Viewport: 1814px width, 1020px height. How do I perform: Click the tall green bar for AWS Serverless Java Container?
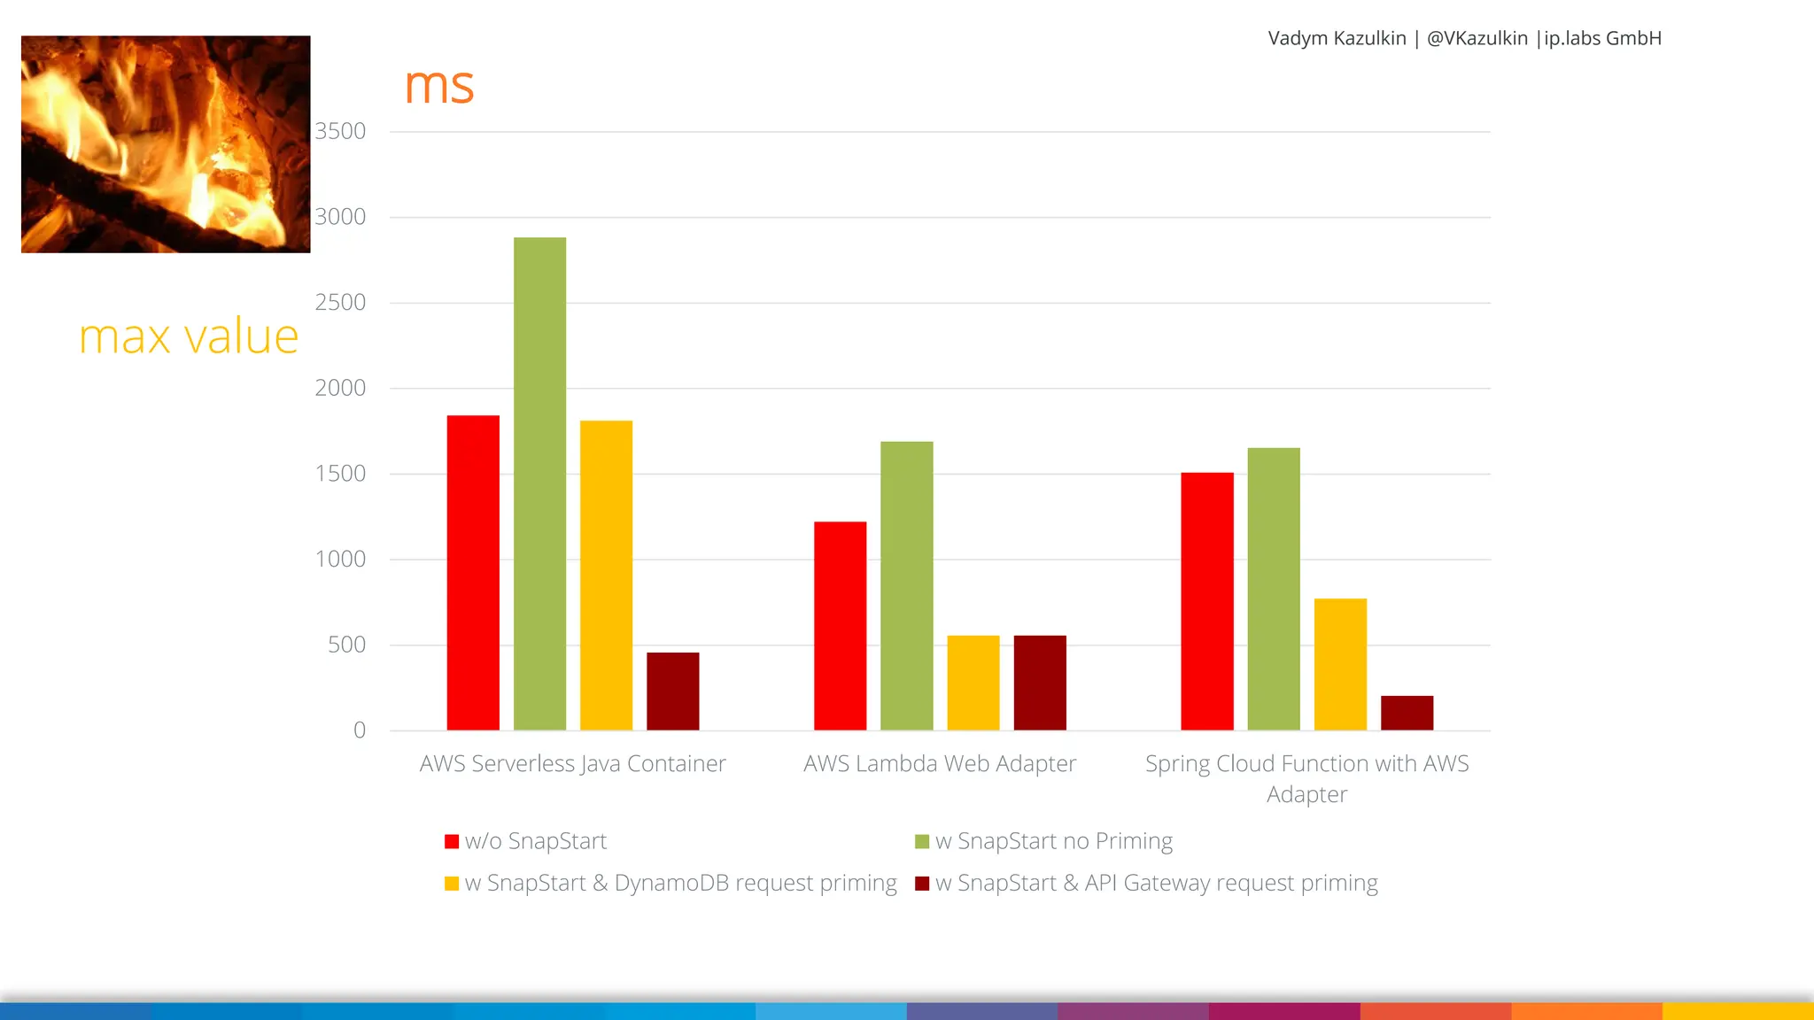[539, 483]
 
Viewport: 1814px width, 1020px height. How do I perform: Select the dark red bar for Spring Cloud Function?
[1407, 713]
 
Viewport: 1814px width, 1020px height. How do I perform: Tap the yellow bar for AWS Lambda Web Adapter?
[973, 683]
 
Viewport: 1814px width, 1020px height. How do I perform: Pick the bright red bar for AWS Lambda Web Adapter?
[840, 626]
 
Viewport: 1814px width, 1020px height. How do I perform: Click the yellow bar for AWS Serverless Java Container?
[606, 576]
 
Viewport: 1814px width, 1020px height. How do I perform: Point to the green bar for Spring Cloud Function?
[1274, 589]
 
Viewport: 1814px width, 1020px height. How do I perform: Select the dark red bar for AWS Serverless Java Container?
[672, 692]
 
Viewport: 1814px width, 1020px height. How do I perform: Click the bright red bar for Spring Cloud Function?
[1206, 601]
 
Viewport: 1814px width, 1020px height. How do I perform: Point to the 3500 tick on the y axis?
[340, 131]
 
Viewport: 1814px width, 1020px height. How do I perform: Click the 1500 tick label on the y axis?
[340, 474]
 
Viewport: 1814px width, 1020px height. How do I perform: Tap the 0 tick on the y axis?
[359, 730]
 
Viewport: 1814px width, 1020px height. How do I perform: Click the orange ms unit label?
[439, 86]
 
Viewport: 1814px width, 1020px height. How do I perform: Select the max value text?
[189, 337]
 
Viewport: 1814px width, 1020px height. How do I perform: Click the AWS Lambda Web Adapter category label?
[939, 764]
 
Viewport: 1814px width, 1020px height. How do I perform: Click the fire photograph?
[166, 144]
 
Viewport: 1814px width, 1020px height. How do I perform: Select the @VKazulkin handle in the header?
[1477, 38]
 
